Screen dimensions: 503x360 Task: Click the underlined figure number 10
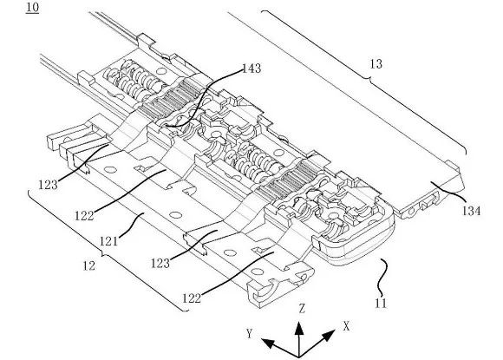point(32,8)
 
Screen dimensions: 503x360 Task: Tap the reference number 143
point(251,69)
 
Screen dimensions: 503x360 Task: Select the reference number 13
point(376,64)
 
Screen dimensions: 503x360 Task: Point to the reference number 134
point(471,211)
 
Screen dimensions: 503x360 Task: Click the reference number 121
point(108,241)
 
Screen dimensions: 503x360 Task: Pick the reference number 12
point(88,265)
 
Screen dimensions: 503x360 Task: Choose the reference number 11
point(381,304)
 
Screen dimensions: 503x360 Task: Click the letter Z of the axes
point(302,309)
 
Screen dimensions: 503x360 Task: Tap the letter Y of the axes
point(250,334)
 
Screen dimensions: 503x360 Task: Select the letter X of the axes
point(346,327)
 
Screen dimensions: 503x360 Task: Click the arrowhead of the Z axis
point(299,329)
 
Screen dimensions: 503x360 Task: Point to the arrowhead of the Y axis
point(268,343)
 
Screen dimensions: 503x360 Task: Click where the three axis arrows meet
point(299,357)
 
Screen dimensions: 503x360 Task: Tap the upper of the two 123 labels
point(48,185)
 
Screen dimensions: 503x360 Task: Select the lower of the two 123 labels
point(160,264)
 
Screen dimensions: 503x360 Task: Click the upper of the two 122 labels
point(84,216)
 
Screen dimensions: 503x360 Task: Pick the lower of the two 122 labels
point(192,298)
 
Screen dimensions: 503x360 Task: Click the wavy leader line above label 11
point(382,278)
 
